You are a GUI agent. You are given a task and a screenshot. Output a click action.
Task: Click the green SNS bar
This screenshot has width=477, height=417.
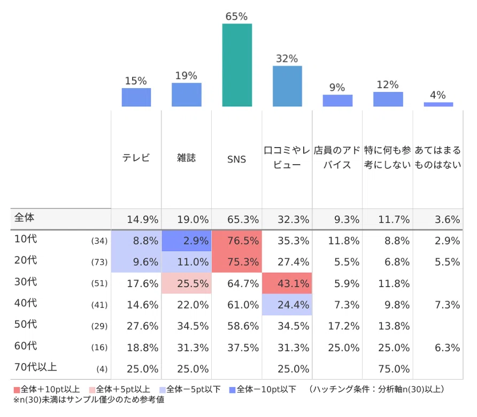pos(237,65)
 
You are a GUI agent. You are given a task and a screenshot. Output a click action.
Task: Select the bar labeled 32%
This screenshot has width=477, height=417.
pos(287,86)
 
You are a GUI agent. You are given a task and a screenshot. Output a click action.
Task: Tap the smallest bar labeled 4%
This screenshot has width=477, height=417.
pos(438,104)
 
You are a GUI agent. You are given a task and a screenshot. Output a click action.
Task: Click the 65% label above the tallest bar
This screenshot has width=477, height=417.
pos(236,16)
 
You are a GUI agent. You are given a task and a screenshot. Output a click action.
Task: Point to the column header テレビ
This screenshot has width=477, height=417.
pos(136,158)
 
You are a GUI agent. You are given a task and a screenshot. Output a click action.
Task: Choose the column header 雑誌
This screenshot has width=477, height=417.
pos(187,158)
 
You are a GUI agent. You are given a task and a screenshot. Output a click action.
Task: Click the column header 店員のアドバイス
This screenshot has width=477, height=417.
pos(337,158)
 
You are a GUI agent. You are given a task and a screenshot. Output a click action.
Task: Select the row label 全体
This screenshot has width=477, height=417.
pos(25,218)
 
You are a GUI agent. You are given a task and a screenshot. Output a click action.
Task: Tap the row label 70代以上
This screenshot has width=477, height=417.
pos(36,367)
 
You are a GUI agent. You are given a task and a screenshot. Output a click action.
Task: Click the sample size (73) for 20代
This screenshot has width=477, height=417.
pos(99,262)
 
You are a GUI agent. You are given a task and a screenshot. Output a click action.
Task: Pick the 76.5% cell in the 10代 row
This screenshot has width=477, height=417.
pos(237,241)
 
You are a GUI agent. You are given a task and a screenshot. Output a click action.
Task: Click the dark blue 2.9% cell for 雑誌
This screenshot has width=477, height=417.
pos(187,241)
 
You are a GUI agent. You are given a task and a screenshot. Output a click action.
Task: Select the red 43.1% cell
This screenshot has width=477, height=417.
pos(287,283)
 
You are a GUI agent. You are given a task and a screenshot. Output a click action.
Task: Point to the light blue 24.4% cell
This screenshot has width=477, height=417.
pos(287,304)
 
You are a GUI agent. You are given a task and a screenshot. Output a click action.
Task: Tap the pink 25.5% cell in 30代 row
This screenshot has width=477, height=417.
pos(187,283)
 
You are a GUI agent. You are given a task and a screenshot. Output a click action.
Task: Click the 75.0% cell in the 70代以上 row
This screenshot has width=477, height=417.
pos(394,369)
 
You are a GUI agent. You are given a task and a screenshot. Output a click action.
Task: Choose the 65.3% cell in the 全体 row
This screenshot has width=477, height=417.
pos(243,219)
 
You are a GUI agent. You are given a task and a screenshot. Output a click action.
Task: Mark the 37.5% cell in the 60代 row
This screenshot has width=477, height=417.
pos(243,347)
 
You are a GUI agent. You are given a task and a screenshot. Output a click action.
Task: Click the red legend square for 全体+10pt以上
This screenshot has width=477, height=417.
pos(17,390)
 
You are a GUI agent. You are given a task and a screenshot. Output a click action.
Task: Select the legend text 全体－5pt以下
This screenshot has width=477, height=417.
pos(193,389)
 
